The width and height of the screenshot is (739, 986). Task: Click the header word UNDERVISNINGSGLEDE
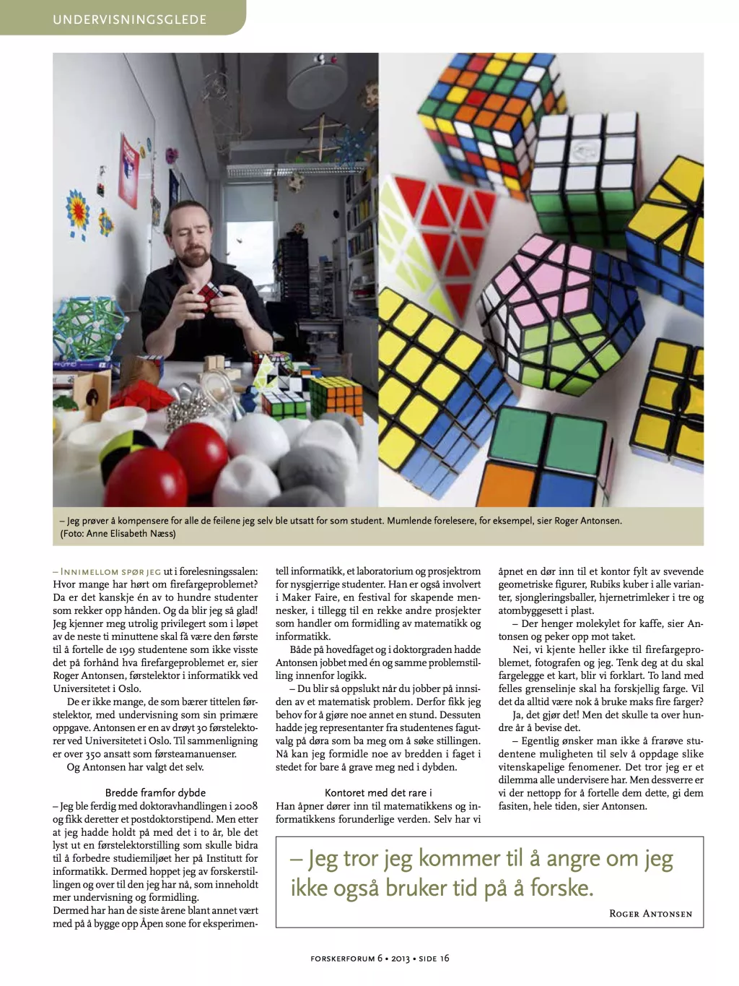tap(129, 20)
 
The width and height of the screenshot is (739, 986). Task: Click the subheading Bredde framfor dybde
tap(155, 792)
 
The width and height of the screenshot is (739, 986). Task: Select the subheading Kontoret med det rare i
tap(378, 792)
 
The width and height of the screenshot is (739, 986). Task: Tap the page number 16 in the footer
tap(445, 959)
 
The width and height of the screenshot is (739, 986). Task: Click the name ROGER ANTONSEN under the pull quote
tap(650, 914)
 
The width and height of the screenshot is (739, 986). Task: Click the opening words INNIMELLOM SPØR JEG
tap(110, 571)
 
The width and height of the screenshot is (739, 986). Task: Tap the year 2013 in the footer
tap(401, 959)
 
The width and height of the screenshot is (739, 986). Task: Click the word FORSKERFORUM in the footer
tap(342, 959)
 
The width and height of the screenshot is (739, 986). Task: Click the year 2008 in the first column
tap(245, 805)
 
